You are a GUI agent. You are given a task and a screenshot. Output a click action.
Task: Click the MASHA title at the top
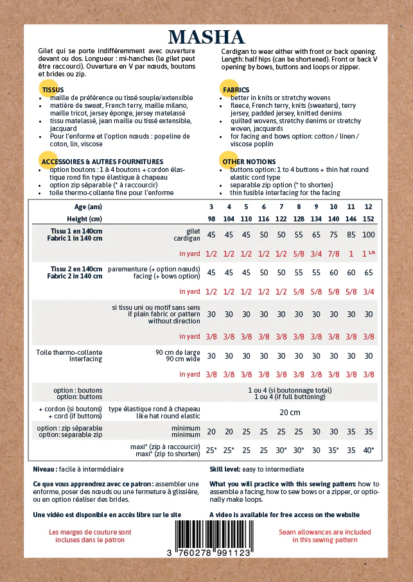(x=206, y=37)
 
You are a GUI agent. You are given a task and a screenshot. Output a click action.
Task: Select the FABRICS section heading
(x=236, y=90)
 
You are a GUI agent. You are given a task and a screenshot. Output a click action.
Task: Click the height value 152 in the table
(x=368, y=219)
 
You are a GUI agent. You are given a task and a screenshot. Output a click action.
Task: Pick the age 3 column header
(x=211, y=207)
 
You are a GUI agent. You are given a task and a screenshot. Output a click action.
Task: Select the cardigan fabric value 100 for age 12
(x=368, y=235)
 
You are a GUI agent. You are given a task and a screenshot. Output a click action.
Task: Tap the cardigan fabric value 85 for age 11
(x=351, y=235)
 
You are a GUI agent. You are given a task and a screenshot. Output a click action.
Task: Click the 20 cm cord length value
(x=290, y=413)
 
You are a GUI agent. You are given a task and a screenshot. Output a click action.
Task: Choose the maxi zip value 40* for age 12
(x=368, y=450)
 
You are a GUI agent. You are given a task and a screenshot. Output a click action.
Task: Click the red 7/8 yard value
(x=333, y=253)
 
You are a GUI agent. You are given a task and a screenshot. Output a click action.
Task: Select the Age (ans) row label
(x=88, y=207)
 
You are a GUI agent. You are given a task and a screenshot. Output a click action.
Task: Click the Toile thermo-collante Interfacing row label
(x=69, y=355)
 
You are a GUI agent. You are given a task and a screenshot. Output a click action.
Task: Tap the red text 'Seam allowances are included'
(x=325, y=532)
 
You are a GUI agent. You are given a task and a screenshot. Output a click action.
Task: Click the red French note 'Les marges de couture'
(x=90, y=532)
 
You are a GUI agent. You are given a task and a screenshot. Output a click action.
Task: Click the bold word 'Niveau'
(x=44, y=469)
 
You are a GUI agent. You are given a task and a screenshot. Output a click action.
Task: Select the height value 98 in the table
(x=211, y=219)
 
